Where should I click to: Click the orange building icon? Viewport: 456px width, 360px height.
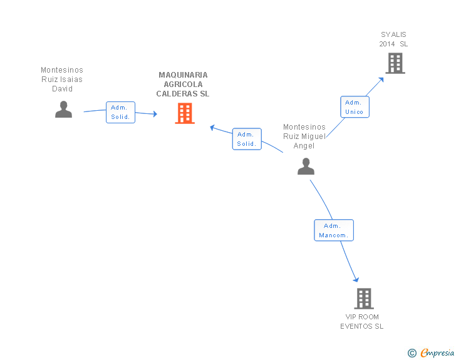click(185, 113)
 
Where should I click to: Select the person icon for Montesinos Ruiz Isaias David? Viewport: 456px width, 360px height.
click(63, 110)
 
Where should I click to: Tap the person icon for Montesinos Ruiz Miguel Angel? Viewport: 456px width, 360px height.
click(306, 167)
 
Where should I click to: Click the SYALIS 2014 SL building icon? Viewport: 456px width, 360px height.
click(395, 63)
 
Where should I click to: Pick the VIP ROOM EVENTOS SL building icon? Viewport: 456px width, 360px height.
click(364, 299)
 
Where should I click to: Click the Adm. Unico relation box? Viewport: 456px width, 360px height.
click(355, 107)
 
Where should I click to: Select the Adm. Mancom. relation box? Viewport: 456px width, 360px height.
click(334, 230)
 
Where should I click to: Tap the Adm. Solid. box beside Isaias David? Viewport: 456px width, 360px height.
click(120, 112)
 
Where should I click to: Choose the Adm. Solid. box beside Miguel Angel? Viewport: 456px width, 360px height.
click(247, 139)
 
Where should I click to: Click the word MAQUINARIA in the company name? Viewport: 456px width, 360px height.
click(183, 75)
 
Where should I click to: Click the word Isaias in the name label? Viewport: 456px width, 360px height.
click(71, 80)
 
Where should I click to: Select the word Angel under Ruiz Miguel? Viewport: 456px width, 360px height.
click(304, 146)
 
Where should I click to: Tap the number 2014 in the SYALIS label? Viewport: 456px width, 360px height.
click(387, 44)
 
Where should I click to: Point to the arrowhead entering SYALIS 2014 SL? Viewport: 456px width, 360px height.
click(381, 80)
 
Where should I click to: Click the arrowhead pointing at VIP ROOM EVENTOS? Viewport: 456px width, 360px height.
click(356, 279)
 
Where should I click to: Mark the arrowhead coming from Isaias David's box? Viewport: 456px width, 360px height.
click(155, 114)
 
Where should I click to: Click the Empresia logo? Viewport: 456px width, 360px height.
click(437, 353)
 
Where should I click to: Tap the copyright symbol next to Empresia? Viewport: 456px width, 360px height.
click(412, 353)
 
